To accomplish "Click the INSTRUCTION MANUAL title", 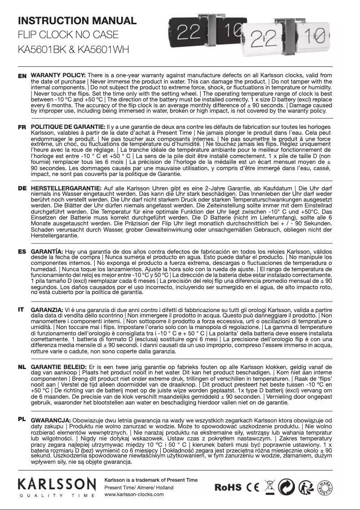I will [77, 20].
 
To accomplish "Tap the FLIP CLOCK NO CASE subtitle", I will [68, 35].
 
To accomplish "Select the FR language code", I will [22, 127].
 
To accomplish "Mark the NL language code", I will [22, 367].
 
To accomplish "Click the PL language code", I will [22, 419].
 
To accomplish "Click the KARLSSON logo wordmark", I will [57, 484].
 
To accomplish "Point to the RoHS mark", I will [228, 488].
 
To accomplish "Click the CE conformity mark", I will [253, 488].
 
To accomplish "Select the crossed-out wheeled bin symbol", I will [270, 487].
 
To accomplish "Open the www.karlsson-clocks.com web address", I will [134, 494].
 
